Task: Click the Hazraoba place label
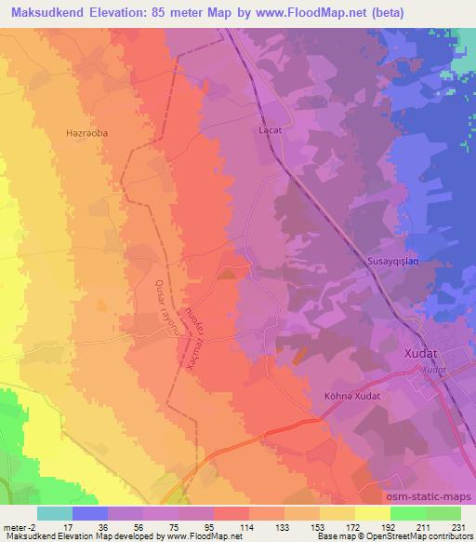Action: pos(87,133)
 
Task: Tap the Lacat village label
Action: pos(269,131)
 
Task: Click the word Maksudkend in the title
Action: pos(46,11)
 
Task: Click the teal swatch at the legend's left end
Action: pos(55,512)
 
